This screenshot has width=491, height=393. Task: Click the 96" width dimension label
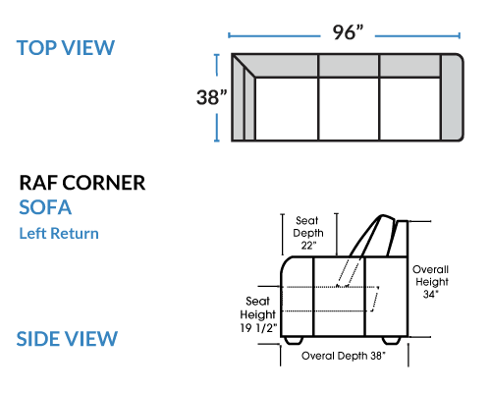coord(348,32)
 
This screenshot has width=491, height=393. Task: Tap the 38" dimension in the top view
coord(211,97)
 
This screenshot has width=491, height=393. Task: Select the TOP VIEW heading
coord(66,48)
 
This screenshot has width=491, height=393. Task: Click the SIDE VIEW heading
coord(67,338)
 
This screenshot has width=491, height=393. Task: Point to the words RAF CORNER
coord(82,183)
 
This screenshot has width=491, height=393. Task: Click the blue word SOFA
coord(45,207)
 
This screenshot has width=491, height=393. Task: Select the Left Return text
coord(59,233)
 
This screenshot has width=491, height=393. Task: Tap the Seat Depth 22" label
coord(308,233)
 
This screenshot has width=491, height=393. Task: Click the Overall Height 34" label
coord(430,282)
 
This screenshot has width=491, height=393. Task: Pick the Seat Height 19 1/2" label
coord(258,314)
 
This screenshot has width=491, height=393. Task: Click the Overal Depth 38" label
coord(344,356)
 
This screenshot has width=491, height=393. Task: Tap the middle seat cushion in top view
coord(349,109)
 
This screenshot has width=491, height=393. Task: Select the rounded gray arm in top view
coord(452,97)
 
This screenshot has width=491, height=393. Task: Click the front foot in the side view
coord(293,341)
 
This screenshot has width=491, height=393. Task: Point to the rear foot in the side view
coord(392,341)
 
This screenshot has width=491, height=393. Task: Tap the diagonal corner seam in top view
coord(244,66)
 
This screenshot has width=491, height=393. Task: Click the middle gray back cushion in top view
coord(349,66)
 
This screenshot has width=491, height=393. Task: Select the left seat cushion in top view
coord(287,109)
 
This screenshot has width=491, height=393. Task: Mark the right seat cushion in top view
coord(410,109)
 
